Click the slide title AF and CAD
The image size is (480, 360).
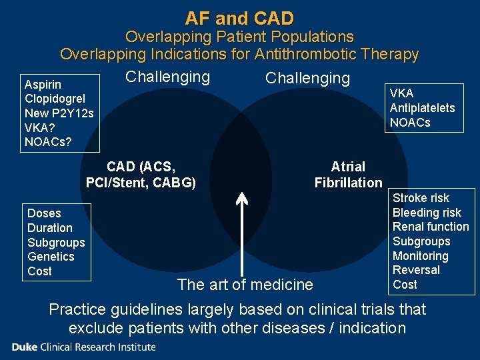(x=239, y=18)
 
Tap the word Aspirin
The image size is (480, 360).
(x=43, y=85)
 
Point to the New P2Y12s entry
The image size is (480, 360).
(x=59, y=113)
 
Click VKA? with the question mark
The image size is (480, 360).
(x=39, y=127)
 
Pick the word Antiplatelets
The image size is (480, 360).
(x=422, y=108)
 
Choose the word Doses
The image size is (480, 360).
(x=44, y=213)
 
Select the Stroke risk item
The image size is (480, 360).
(x=421, y=198)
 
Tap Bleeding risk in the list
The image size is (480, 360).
(x=427, y=213)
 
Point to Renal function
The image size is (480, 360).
(x=431, y=227)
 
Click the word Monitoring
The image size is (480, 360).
(x=420, y=256)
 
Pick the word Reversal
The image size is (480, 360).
(x=416, y=270)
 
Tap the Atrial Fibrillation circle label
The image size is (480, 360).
(x=348, y=175)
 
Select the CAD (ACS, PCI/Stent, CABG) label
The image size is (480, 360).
(x=141, y=175)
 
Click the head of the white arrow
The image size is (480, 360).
(x=242, y=197)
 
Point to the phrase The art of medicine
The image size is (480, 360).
(x=245, y=285)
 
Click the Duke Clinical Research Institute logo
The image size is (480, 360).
(x=83, y=347)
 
